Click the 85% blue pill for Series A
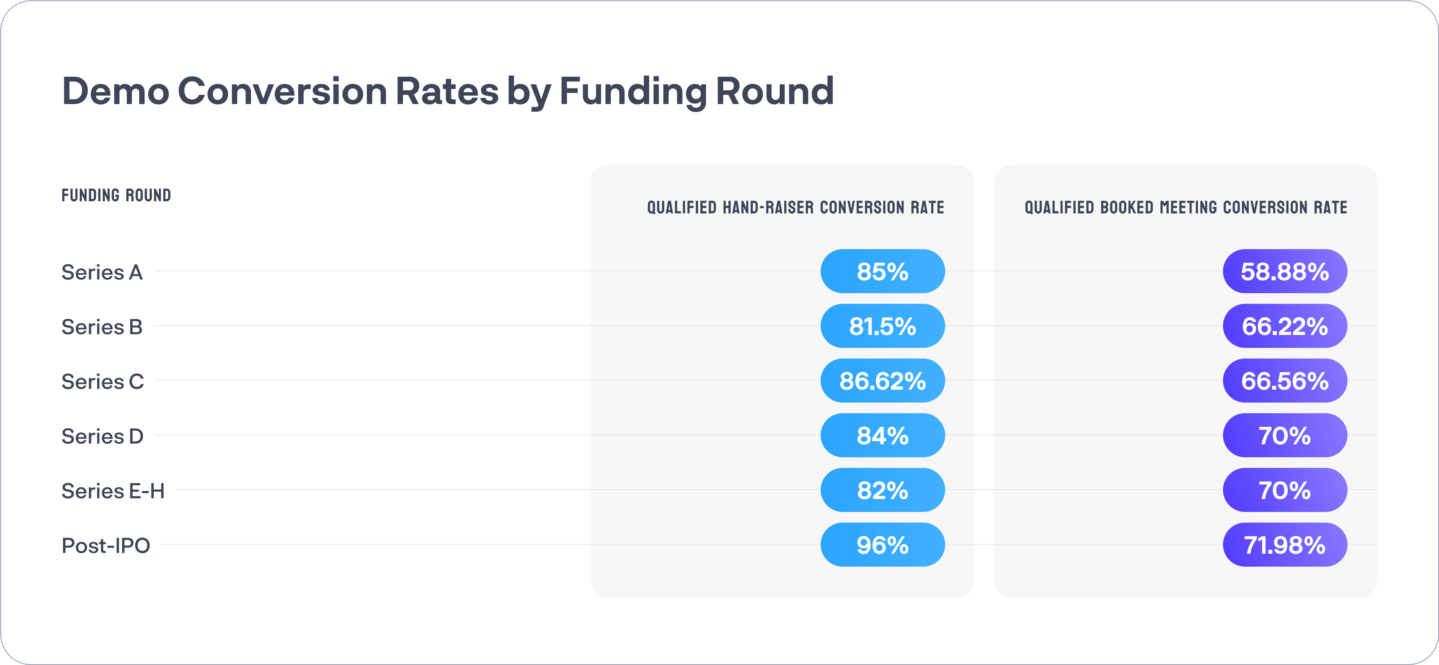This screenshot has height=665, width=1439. (883, 271)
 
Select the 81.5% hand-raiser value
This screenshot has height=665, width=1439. (883, 326)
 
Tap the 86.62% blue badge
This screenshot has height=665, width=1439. (883, 381)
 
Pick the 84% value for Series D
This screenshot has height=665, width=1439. (883, 435)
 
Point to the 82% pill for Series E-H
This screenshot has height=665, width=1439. (883, 490)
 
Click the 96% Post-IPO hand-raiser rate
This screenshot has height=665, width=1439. (883, 545)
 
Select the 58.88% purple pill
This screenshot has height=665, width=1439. (1285, 271)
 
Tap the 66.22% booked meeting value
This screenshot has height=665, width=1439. (1285, 326)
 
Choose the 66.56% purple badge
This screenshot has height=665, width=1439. (1285, 381)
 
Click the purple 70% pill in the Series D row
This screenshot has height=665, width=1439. (1285, 435)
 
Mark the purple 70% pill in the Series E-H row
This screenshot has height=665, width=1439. (1285, 490)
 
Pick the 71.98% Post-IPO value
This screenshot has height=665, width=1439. (1285, 545)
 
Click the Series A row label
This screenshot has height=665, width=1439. (102, 272)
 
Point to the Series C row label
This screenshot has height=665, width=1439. (103, 382)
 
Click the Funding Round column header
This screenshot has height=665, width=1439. (116, 195)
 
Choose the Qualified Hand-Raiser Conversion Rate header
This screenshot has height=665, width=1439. (796, 207)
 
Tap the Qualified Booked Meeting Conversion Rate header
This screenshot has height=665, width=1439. (1186, 207)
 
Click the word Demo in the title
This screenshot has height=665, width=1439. (116, 91)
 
